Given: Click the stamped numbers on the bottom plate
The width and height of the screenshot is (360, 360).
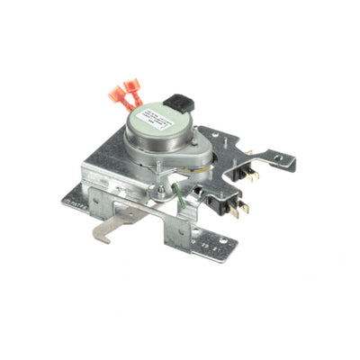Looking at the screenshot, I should tap(208, 241).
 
